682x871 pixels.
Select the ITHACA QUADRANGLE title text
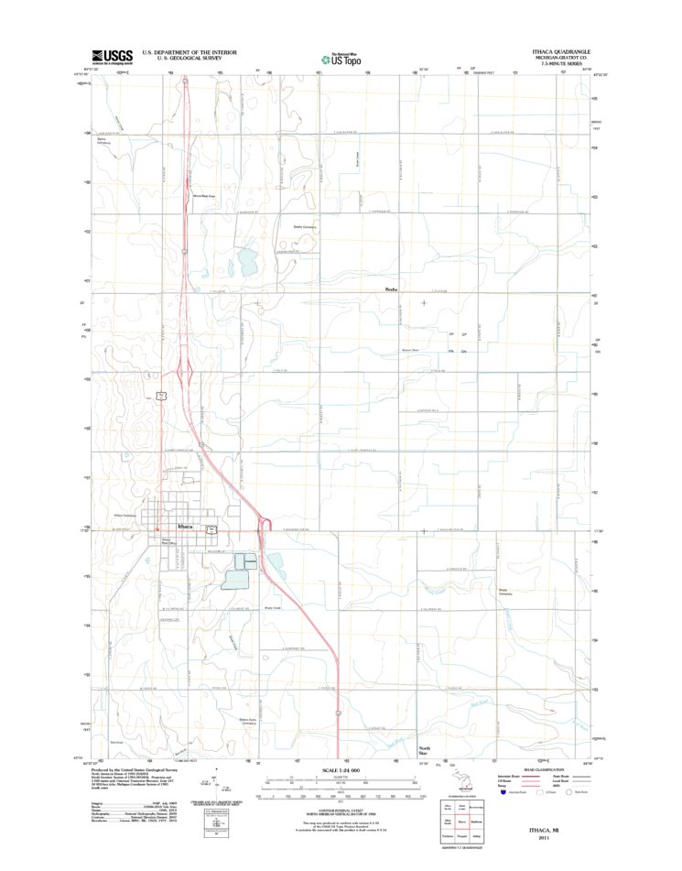563,51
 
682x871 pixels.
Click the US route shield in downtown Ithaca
211,529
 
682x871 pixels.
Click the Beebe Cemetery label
304,226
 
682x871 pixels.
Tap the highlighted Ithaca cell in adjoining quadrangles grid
462,822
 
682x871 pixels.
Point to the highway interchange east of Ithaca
265,524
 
